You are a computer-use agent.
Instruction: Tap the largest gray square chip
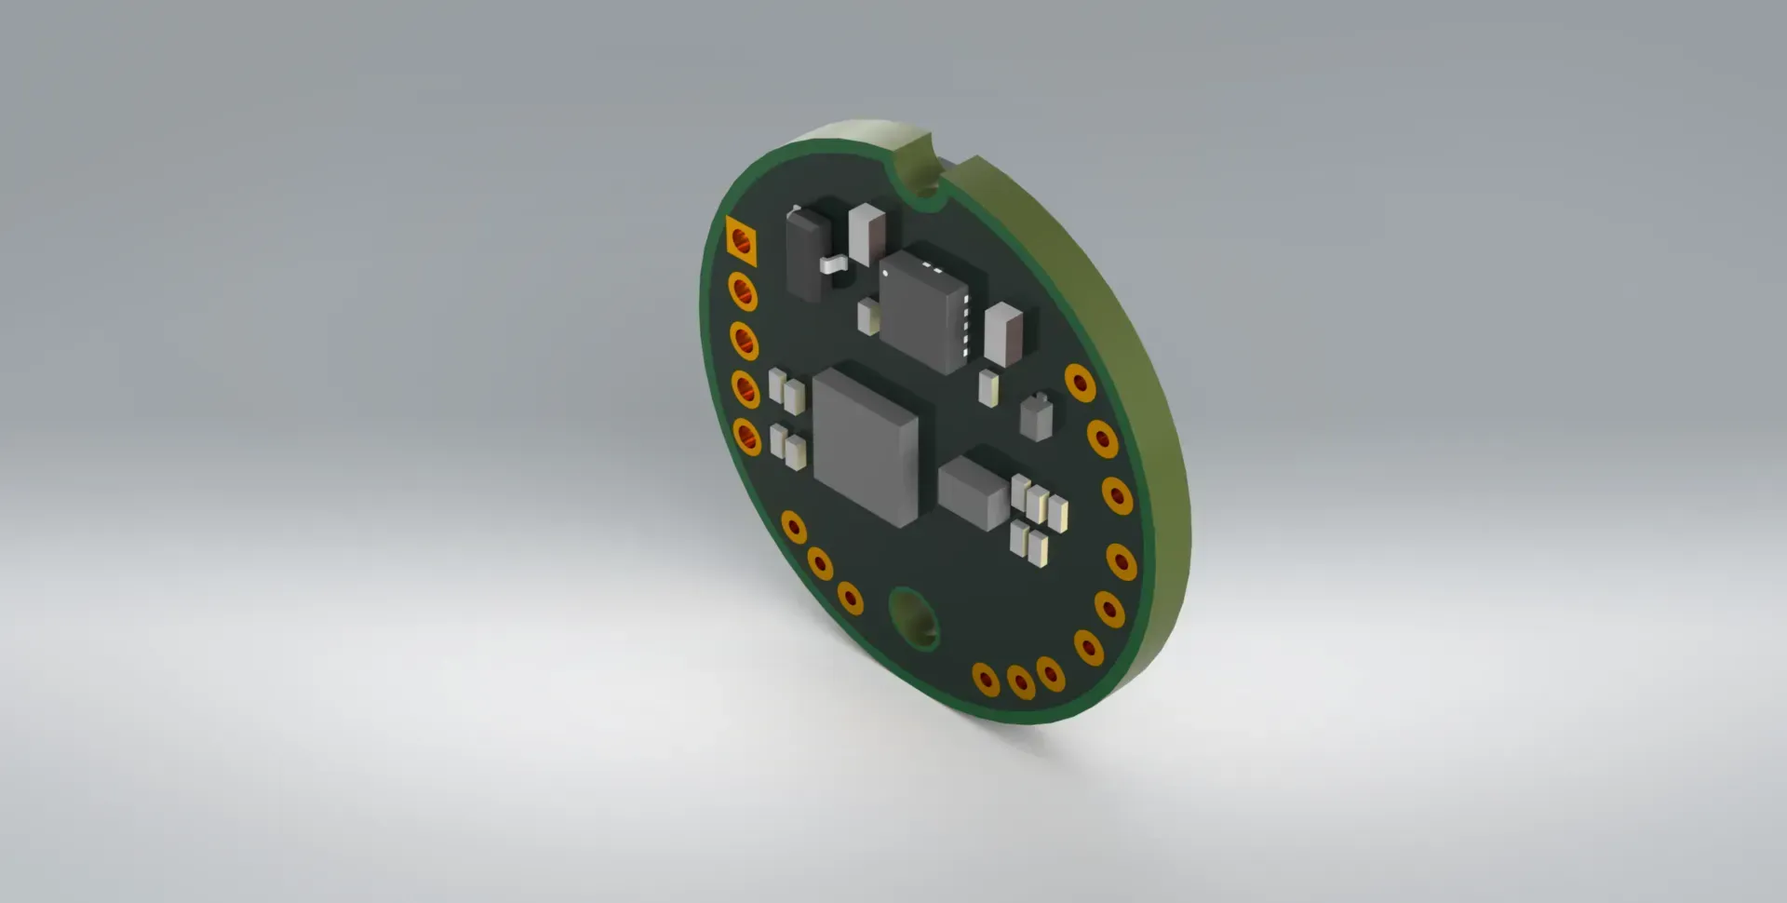(866, 447)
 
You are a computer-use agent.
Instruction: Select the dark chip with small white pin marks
(923, 312)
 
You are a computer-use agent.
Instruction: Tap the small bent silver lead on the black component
(835, 264)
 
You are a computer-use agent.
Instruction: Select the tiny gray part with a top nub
(1036, 417)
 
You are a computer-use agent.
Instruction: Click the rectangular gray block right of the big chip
(974, 489)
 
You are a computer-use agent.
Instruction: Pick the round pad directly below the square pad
(743, 292)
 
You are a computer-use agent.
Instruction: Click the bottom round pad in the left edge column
(746, 436)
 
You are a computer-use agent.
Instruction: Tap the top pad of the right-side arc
(1080, 382)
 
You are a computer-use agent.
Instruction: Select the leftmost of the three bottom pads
(986, 679)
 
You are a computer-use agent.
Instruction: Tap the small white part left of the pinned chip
(868, 317)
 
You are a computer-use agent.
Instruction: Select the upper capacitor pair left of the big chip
(786, 391)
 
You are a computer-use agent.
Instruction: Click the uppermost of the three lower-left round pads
(793, 526)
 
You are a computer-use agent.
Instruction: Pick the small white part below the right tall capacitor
(988, 386)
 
